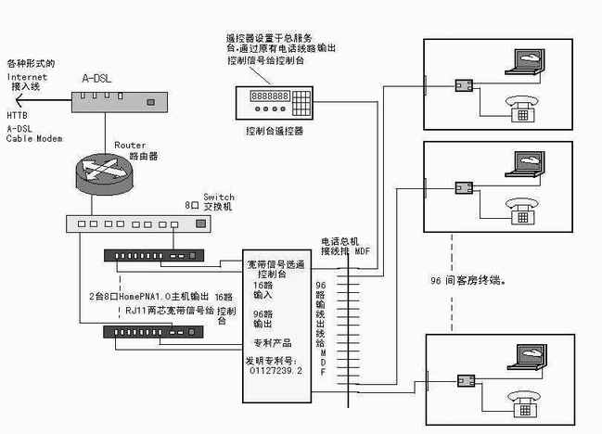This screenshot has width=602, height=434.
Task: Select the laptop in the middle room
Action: (x=523, y=165)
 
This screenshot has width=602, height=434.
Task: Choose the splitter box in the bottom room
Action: (x=463, y=379)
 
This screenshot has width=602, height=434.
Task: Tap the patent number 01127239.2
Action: (x=275, y=370)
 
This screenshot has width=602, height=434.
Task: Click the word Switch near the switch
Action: (x=219, y=198)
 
